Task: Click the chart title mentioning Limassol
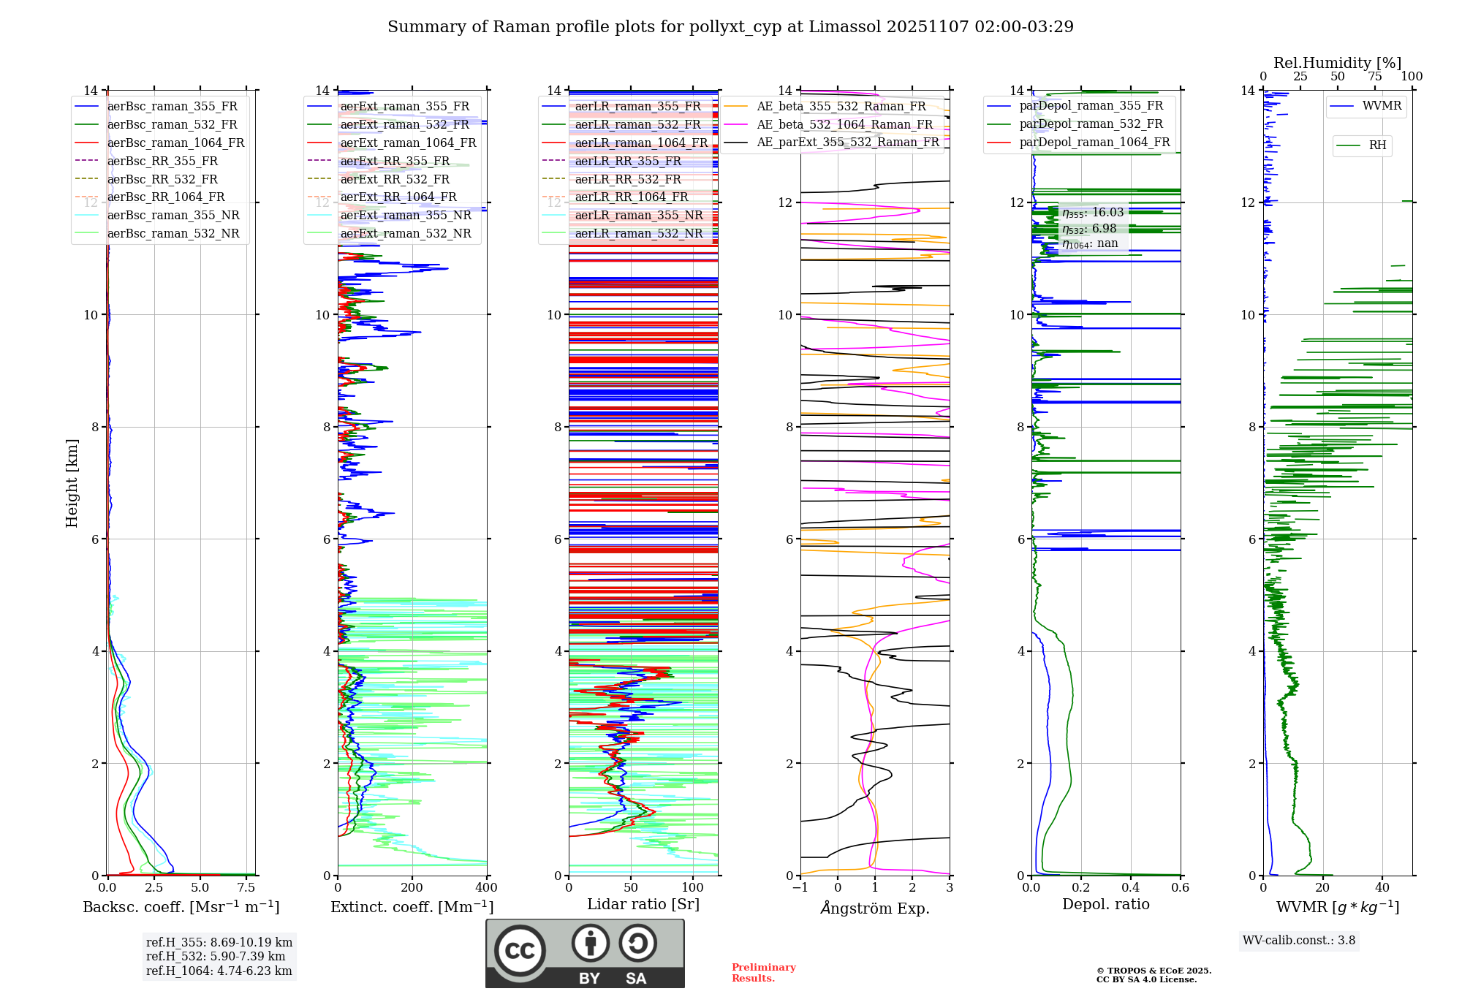730,27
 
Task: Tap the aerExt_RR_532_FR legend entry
395,179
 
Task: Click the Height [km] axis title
72,482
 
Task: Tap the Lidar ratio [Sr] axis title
643,904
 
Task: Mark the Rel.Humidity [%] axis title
1337,63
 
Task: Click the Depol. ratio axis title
1105,904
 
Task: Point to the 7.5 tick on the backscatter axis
246,887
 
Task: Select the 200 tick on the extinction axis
412,887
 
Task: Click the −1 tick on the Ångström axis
800,887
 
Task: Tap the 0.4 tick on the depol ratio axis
1131,887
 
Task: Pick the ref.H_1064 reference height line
219,971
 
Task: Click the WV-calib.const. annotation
1298,941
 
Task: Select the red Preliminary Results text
763,973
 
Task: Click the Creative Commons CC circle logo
520,950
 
